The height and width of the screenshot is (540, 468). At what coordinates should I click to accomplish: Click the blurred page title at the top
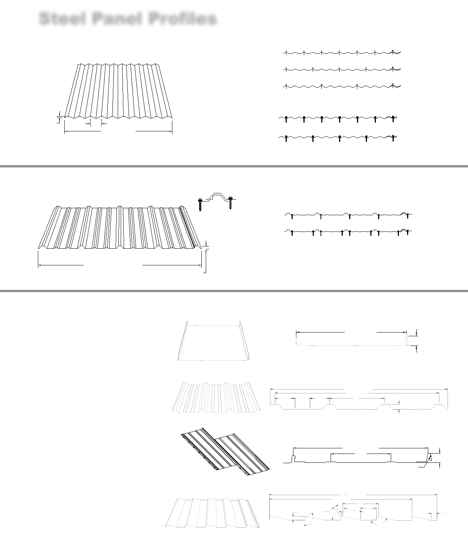pyautogui.click(x=128, y=19)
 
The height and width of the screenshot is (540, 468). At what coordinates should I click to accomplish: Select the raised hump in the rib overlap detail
pyautogui.click(x=216, y=196)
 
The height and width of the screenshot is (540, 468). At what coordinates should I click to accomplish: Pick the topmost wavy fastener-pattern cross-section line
pyautogui.click(x=342, y=53)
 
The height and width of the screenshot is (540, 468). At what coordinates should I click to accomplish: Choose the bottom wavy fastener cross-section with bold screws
pyautogui.click(x=338, y=138)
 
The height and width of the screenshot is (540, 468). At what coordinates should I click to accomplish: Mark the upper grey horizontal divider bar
pyautogui.click(x=234, y=166)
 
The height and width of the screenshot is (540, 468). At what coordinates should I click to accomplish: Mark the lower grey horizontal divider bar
pyautogui.click(x=234, y=291)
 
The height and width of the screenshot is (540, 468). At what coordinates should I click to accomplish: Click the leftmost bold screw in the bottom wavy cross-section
pyautogui.click(x=286, y=139)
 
